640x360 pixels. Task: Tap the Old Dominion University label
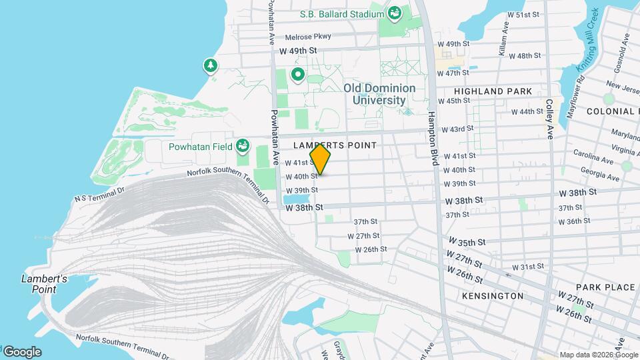[379, 94]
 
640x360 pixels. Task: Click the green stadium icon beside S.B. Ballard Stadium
[395, 13]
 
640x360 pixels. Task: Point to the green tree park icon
[211, 65]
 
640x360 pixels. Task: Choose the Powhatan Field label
[200, 146]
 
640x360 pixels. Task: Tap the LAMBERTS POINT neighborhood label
[335, 145]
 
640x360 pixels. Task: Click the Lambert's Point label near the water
[43, 283]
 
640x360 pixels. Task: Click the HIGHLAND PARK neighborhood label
[493, 91]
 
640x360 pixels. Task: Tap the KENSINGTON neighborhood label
[493, 295]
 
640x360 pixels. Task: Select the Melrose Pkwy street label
[307, 37]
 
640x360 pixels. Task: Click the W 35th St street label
[466, 241]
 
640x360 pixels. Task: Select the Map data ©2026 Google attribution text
[598, 355]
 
